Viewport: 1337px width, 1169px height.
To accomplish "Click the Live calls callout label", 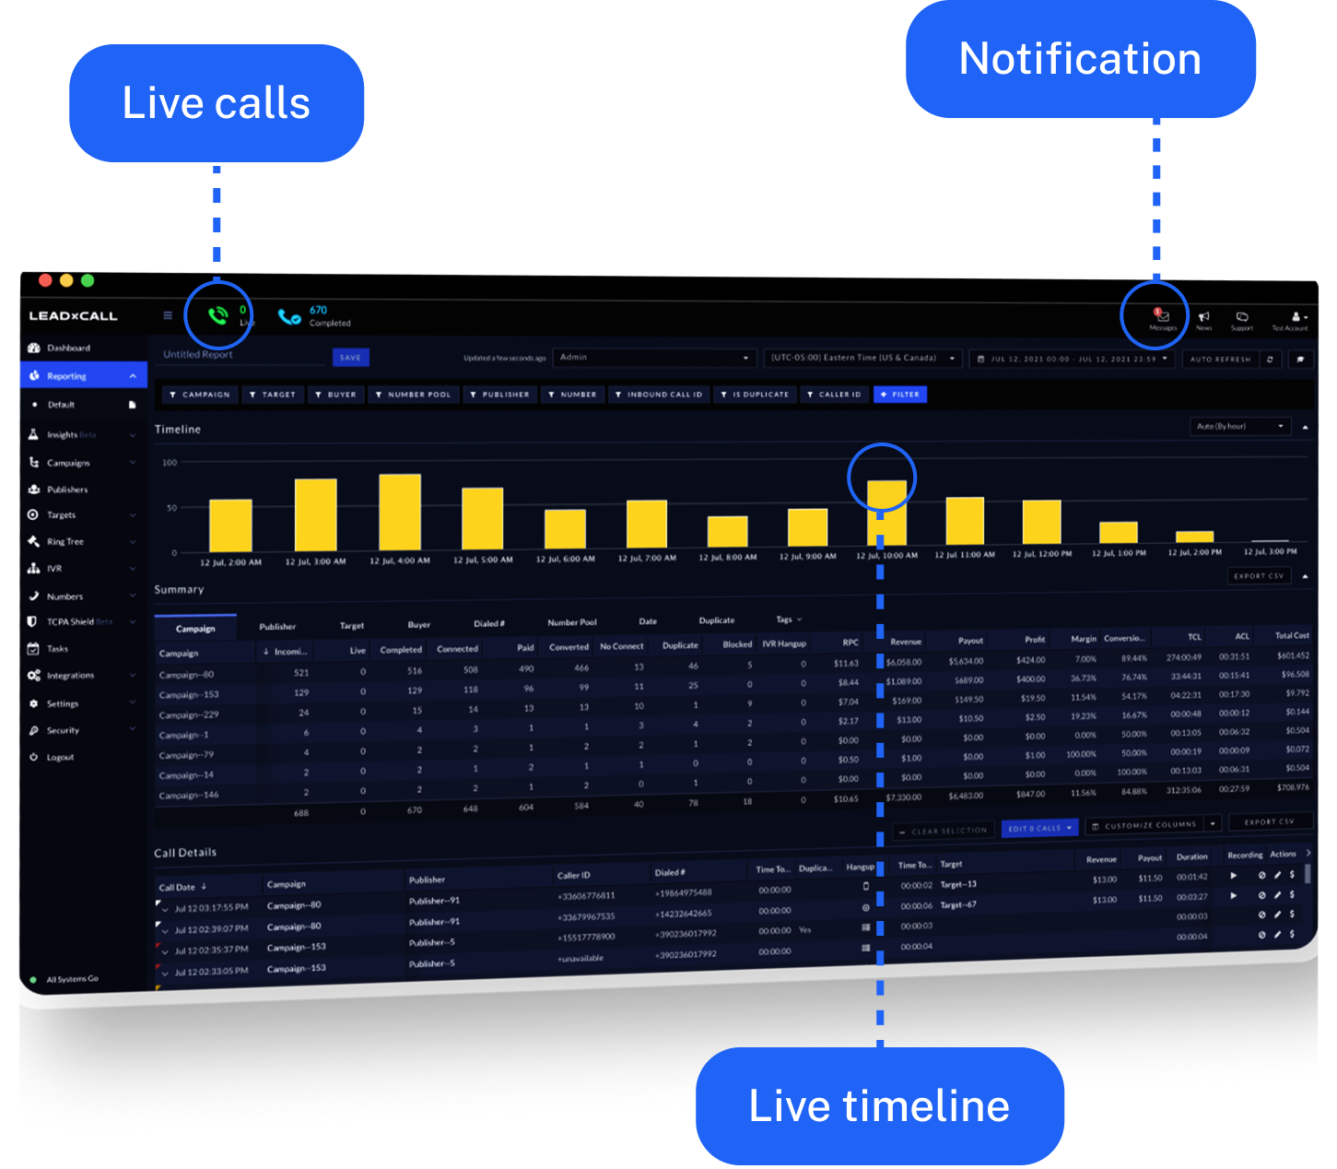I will point(217,103).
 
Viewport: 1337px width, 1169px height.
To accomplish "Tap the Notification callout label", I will point(1080,59).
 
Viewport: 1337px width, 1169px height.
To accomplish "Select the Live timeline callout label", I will point(879,1105).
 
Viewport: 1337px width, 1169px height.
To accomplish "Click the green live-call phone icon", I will point(217,316).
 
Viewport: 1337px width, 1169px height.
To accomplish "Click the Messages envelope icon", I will point(1163,316).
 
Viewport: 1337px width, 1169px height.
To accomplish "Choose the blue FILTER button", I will point(900,395).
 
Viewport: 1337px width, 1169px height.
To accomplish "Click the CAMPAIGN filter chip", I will point(200,395).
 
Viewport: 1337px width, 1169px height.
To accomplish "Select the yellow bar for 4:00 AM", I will point(400,513).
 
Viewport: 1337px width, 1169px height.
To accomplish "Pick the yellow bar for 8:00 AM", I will point(727,532).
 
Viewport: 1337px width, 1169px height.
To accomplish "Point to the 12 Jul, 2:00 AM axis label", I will point(230,561).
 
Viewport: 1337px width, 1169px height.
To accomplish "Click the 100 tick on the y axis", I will point(170,463).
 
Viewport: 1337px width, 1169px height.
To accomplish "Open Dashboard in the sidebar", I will point(68,348).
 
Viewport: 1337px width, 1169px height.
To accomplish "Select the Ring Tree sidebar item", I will point(65,542).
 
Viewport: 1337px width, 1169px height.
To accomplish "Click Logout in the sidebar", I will point(60,758).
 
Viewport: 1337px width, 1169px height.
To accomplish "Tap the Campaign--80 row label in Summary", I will point(186,675).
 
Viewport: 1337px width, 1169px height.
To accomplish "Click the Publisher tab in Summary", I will point(277,627).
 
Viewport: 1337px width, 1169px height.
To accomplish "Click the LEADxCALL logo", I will point(73,316).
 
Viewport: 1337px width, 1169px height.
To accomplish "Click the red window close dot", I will point(45,280).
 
